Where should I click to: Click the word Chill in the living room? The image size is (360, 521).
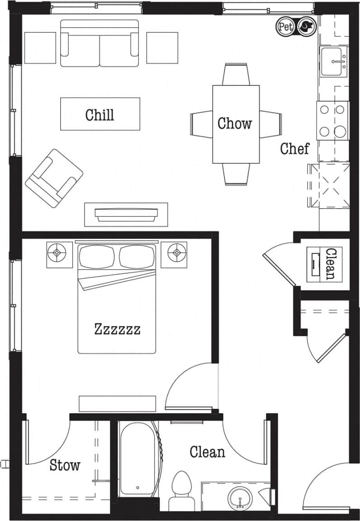tap(100, 114)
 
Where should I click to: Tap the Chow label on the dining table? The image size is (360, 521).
tap(234, 123)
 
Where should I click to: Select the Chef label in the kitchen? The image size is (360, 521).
tap(295, 148)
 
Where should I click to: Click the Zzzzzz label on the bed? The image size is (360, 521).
tap(117, 329)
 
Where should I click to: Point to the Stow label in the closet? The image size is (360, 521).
tap(65, 465)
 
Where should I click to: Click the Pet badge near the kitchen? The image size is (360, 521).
tap(285, 27)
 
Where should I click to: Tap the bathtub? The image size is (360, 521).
tap(138, 458)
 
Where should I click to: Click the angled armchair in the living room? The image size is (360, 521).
tap(54, 178)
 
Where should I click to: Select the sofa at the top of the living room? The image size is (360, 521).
tap(99, 43)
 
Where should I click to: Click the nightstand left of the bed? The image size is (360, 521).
tap(59, 254)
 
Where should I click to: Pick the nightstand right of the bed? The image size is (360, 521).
tap(174, 254)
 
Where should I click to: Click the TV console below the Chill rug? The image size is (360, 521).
tap(126, 214)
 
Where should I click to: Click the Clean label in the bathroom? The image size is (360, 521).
tap(207, 451)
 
